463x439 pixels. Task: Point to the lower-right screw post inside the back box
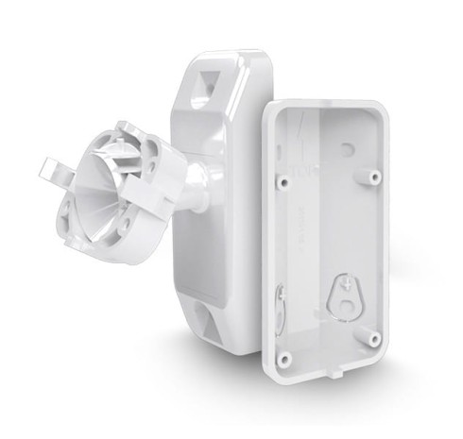coord(375,336)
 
